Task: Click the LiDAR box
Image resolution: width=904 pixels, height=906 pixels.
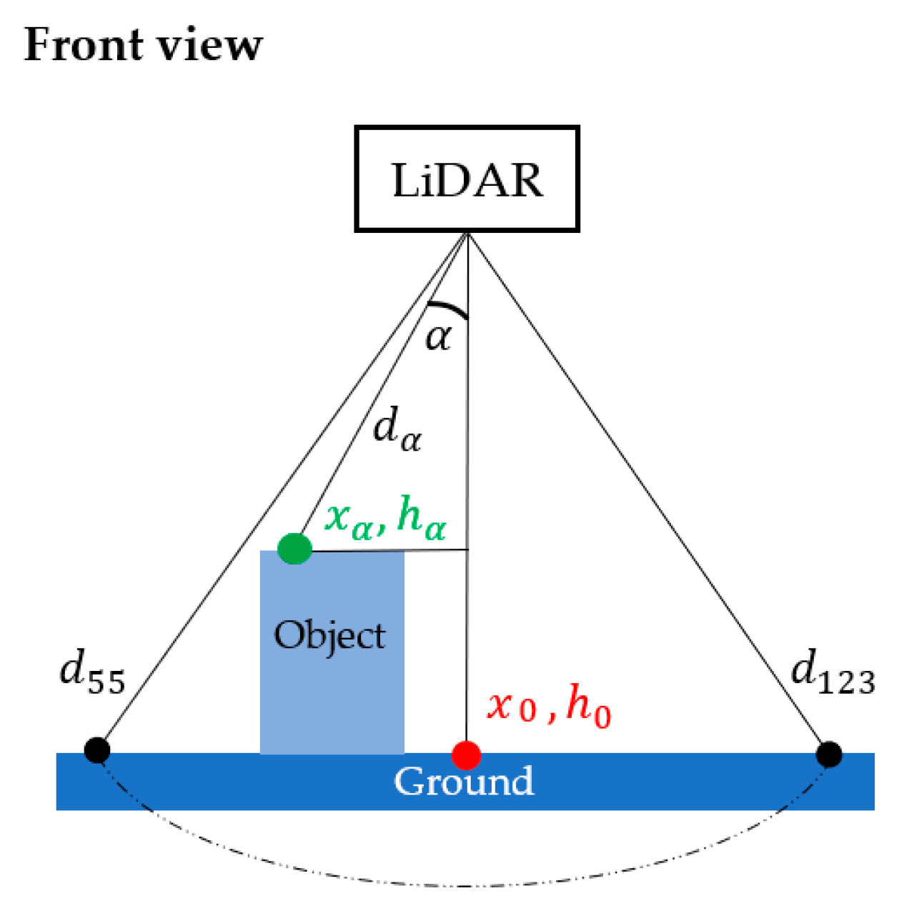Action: point(467,179)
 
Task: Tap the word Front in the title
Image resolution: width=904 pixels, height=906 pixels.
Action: point(82,44)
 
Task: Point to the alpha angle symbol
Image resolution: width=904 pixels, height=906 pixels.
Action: point(438,337)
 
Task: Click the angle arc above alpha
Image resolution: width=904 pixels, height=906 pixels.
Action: point(448,308)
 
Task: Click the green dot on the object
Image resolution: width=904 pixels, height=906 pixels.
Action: point(294,549)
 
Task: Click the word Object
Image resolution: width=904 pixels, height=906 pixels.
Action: point(329,635)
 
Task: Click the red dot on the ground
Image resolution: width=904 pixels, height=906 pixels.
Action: point(466,755)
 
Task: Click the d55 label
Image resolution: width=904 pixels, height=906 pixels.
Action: point(92,672)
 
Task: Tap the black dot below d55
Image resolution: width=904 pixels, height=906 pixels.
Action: point(96,750)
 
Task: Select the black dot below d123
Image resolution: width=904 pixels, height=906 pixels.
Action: point(829,754)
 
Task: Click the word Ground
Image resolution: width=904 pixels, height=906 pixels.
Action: point(464,781)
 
